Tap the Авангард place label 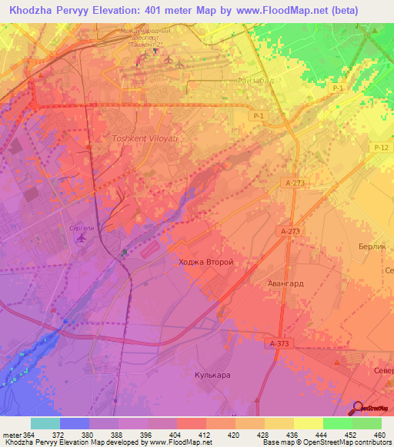(285, 283)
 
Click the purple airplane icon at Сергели (82, 237)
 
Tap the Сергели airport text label (81, 227)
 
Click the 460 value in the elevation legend (379, 435)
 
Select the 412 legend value (205, 435)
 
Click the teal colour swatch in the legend (45, 423)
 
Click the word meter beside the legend (10, 435)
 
